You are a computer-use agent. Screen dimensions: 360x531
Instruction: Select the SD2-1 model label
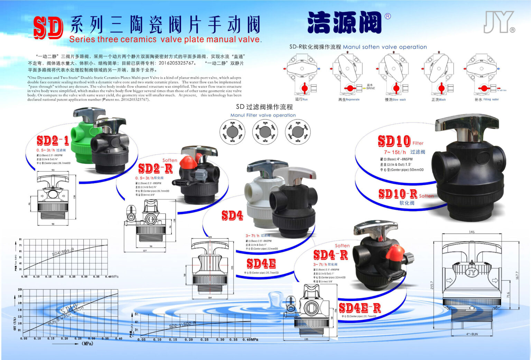(53, 140)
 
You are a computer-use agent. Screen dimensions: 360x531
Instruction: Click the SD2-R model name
(155, 169)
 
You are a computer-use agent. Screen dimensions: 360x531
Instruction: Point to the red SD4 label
(232, 215)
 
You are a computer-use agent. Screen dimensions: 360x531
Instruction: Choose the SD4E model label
(261, 264)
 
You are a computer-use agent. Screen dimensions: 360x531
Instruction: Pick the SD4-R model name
(330, 255)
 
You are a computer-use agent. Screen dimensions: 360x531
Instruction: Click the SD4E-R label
(360, 307)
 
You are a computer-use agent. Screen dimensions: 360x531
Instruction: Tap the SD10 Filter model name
(394, 141)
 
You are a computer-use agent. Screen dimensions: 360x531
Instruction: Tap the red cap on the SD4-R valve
(395, 252)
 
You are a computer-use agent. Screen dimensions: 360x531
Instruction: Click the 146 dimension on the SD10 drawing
(472, 232)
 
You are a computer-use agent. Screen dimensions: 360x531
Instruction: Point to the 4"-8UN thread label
(472, 334)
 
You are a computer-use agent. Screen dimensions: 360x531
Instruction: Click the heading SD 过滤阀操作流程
(264, 107)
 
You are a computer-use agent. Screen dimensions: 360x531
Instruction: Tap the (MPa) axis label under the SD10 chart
(87, 343)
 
